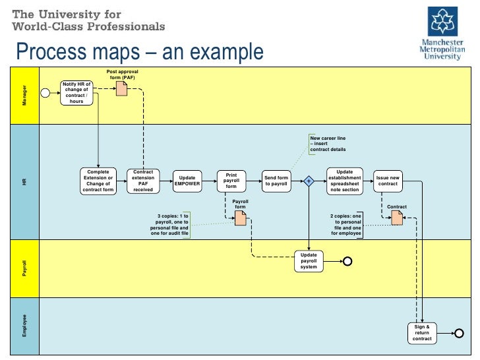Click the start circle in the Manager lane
(x=45, y=93)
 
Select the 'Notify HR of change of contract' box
(x=76, y=93)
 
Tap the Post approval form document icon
(x=121, y=88)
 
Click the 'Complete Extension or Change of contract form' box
(x=98, y=181)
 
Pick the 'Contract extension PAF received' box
(x=143, y=181)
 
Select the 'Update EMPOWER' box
(x=187, y=181)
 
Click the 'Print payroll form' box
(x=231, y=181)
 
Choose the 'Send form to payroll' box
(x=276, y=181)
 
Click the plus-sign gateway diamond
(x=308, y=181)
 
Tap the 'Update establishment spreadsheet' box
(x=344, y=181)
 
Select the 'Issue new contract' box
(x=388, y=181)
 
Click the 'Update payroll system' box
(x=309, y=262)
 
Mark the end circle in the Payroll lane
(x=348, y=262)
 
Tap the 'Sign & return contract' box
(x=422, y=333)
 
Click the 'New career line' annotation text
(x=328, y=144)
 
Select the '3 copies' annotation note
(x=170, y=224)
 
